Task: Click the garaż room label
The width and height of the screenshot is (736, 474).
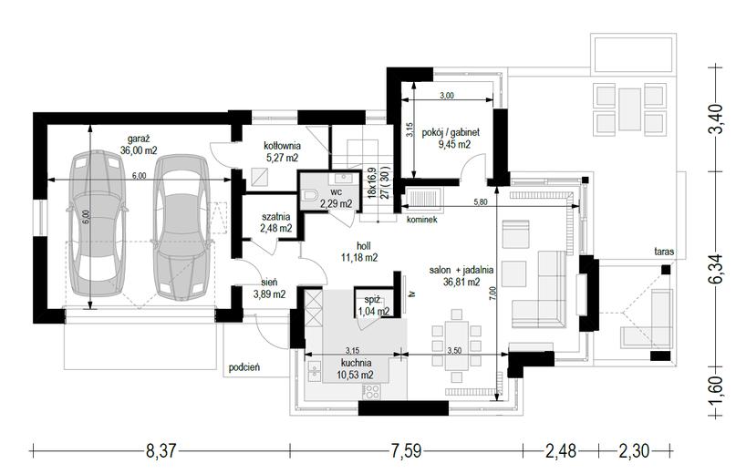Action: [139, 145]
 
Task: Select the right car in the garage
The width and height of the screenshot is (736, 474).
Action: [181, 228]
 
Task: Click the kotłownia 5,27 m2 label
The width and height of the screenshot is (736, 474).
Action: [282, 151]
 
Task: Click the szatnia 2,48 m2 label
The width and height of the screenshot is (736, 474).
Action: [276, 222]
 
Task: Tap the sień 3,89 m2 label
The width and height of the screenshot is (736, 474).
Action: [269, 288]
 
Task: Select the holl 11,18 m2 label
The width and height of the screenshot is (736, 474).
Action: [359, 252]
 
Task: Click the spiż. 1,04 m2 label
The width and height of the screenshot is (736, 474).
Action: [374, 305]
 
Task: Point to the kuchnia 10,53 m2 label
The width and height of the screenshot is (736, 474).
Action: [355, 368]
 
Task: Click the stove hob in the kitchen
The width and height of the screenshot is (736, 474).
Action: [371, 391]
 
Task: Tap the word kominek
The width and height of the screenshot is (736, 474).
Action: [422, 219]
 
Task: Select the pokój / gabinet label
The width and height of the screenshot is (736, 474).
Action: [451, 139]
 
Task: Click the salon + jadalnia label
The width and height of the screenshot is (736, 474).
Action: [461, 276]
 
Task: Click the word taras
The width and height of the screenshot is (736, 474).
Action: [664, 252]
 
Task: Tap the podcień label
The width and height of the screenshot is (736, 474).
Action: [244, 367]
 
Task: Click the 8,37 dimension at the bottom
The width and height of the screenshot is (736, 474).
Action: [161, 451]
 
